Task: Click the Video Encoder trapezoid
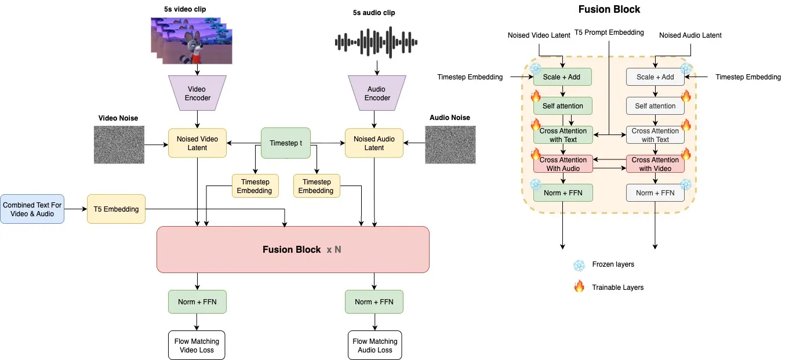198,93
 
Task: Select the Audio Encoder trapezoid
377,93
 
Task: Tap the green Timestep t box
286,143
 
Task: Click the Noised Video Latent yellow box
197,143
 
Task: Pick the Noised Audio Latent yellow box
374,143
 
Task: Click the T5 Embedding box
117,209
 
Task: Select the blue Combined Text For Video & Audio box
32,209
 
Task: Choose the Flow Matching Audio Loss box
375,346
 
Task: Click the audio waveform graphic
376,42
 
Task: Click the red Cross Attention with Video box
655,164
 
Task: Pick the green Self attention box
562,106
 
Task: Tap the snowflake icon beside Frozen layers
579,266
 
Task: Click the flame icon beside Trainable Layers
579,286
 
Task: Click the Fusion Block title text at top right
609,9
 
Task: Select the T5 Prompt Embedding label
609,32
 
